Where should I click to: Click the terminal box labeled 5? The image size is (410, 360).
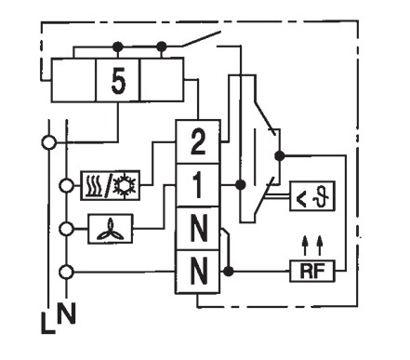point(118,80)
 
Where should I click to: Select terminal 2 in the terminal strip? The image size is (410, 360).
point(198,141)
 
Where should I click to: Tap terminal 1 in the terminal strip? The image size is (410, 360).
point(198,185)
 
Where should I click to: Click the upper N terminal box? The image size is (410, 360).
point(198,229)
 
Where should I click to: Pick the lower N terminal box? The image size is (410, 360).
point(198,272)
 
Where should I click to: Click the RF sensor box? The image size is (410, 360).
point(312,271)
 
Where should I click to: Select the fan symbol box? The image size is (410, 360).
point(111,229)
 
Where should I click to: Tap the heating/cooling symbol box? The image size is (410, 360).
point(110,185)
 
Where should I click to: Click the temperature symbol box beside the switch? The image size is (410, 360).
point(312,196)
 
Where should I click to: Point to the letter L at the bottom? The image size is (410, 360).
point(47,323)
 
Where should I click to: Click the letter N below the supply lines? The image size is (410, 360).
point(67,313)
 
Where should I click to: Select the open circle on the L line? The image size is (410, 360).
point(49,142)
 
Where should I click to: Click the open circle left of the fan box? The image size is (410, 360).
point(66,229)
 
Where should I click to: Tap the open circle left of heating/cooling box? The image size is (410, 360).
point(66,186)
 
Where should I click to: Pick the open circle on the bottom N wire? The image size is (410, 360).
point(66,272)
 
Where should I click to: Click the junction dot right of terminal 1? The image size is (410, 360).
point(240,185)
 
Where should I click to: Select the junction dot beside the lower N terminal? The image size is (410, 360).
point(229,272)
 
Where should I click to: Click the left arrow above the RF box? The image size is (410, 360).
point(305,246)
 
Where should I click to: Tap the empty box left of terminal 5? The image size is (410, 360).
point(73,80)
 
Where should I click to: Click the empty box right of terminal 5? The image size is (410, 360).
point(162,80)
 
